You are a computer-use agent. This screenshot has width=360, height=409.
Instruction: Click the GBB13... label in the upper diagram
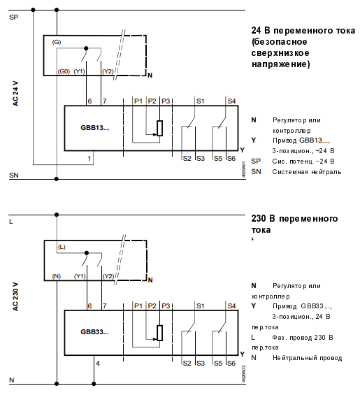[94, 128]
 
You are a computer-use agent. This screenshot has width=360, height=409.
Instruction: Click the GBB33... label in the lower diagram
[94, 332]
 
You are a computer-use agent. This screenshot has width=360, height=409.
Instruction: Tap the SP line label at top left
[13, 17]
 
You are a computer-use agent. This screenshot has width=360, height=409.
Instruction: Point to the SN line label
[14, 175]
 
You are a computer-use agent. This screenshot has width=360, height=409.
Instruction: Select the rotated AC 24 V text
[15, 94]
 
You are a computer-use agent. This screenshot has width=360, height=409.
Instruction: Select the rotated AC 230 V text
[15, 297]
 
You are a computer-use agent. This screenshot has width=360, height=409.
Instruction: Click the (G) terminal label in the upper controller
[57, 42]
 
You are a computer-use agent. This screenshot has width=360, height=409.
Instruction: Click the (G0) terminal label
[64, 71]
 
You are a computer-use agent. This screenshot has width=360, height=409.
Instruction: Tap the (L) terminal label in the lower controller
[62, 247]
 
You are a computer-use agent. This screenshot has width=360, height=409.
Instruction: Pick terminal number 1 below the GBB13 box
[89, 158]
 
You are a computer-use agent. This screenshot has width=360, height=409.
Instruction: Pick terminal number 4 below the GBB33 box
[98, 363]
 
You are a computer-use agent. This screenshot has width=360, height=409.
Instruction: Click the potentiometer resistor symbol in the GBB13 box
[159, 129]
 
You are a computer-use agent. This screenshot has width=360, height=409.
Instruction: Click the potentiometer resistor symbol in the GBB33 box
[159, 333]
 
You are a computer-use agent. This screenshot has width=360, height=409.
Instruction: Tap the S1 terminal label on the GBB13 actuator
[201, 101]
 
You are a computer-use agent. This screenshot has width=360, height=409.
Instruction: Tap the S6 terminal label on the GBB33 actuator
[231, 363]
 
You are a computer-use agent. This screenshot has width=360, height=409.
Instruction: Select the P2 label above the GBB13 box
[152, 101]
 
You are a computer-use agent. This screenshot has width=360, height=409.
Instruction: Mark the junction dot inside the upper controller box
[86, 48]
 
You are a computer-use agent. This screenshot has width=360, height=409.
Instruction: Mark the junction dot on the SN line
[57, 179]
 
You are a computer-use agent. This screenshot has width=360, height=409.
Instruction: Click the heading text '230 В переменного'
[294, 219]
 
